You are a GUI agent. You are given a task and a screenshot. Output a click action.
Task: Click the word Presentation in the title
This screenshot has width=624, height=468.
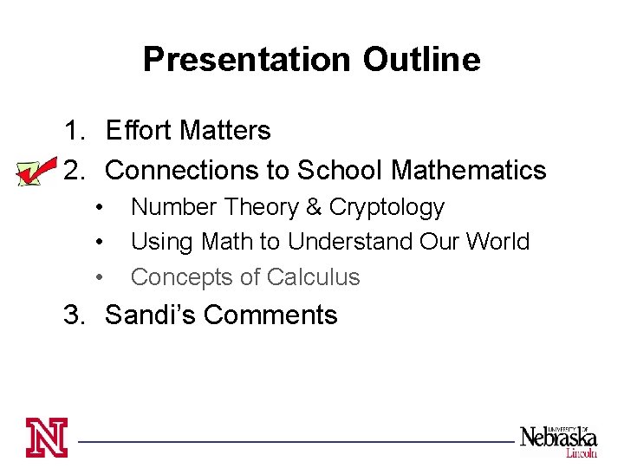tap(246, 60)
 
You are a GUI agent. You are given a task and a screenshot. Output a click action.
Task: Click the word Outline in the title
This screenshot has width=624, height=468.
tap(421, 60)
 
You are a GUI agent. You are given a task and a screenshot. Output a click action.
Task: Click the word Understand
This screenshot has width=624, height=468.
tap(350, 241)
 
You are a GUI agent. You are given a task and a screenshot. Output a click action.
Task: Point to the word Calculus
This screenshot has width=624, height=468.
tap(313, 277)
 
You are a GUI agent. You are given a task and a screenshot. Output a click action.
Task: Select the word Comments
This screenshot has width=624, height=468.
tap(270, 315)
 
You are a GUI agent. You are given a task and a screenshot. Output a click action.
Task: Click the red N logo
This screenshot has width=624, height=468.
tap(46, 438)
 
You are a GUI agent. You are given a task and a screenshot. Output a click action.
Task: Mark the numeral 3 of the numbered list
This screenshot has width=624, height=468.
tap(73, 315)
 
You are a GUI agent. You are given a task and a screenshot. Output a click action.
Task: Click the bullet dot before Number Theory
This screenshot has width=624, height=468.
tap(101, 208)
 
